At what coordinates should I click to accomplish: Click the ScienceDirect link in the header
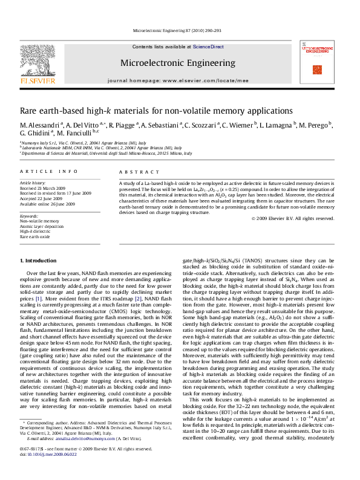209,47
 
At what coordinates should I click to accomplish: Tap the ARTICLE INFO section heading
48,172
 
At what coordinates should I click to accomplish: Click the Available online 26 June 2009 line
48,204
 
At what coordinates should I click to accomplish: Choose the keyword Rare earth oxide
35,237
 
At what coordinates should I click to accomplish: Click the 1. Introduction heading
42,260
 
